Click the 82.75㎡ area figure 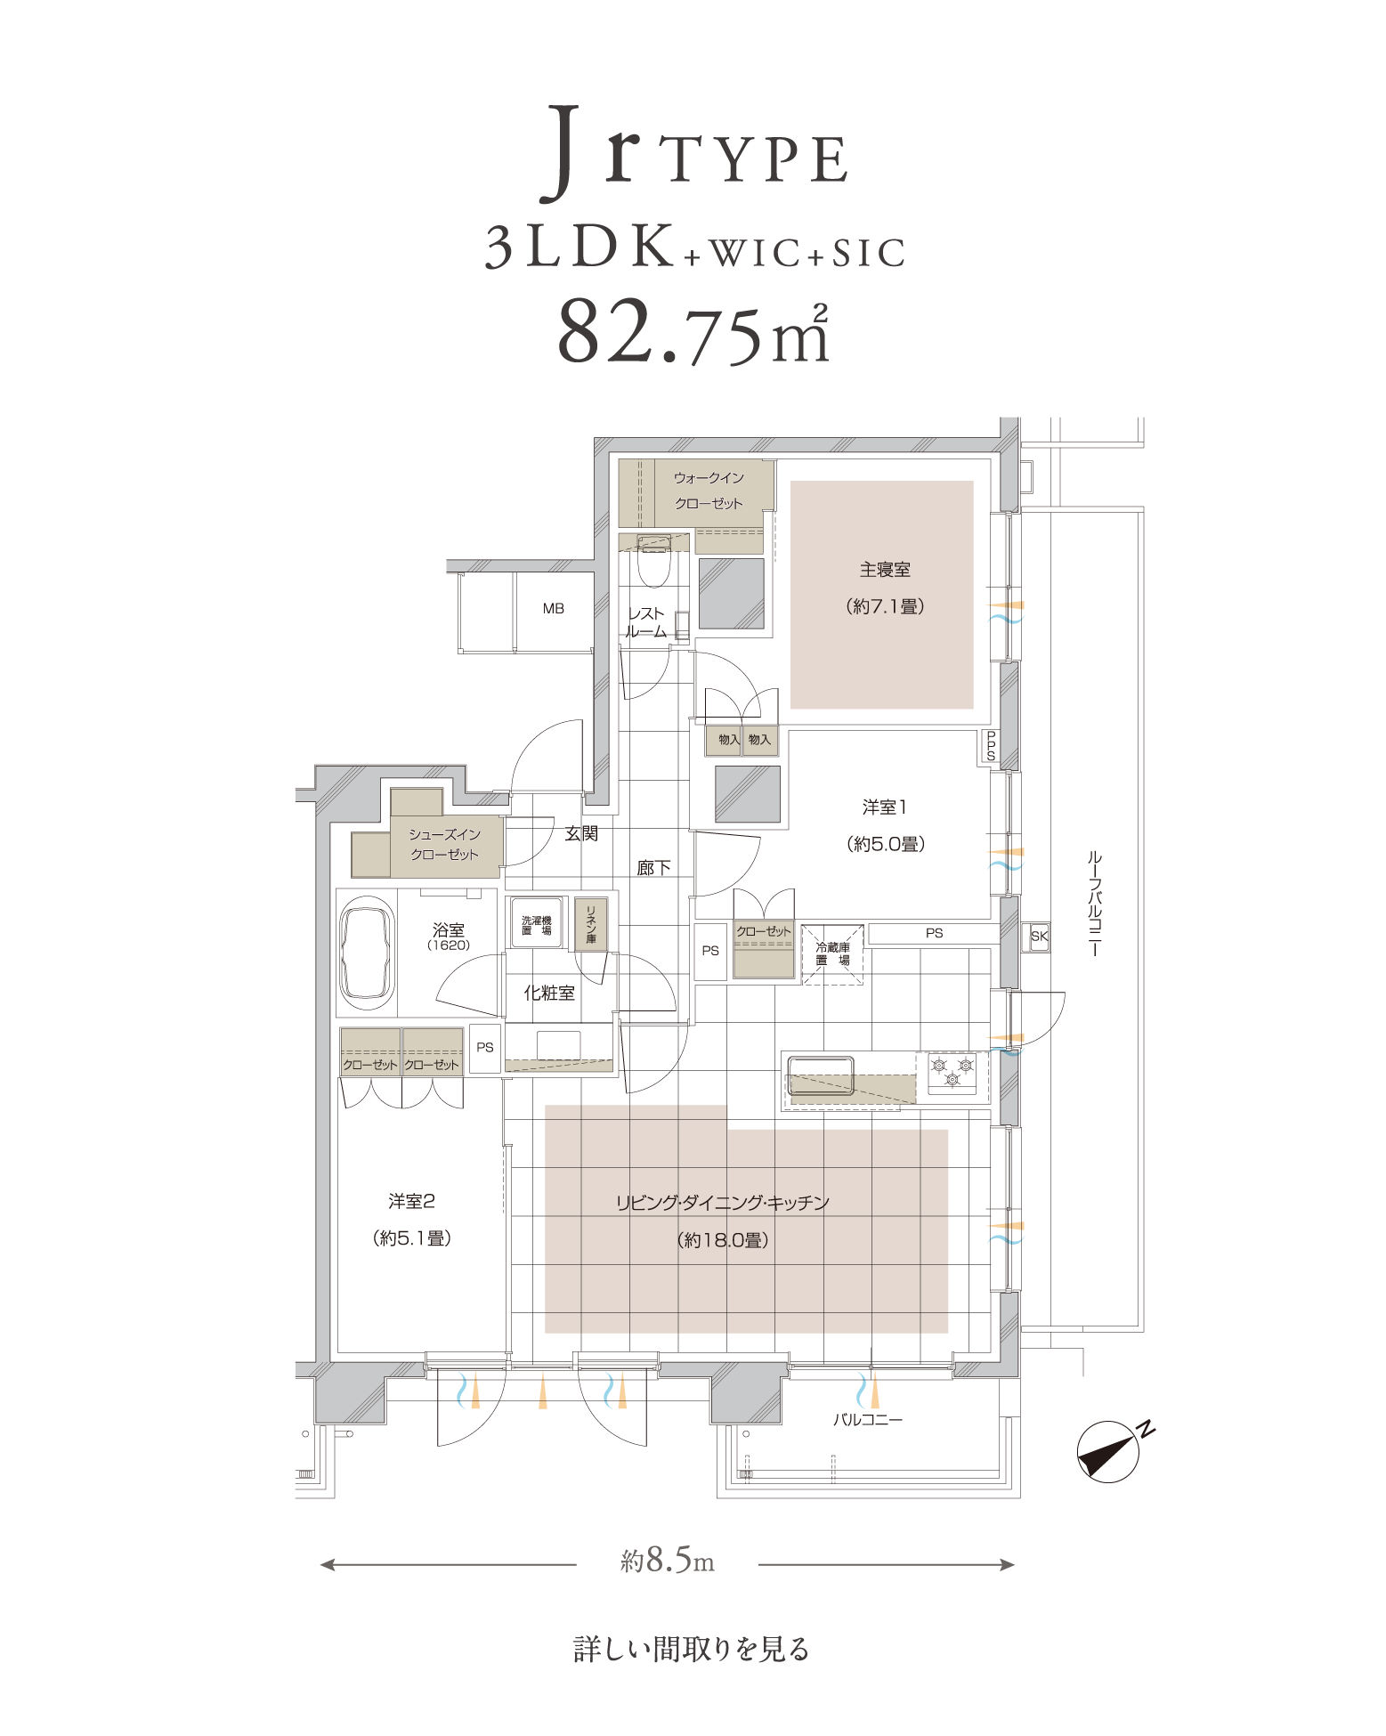pos(693,331)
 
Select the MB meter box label pos(554,609)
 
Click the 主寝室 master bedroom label pos(885,570)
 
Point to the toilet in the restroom pos(654,561)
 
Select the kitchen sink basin pos(820,1075)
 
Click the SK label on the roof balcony pos(1039,936)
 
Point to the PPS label pos(991,746)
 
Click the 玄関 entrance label pos(581,833)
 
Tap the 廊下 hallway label pos(653,868)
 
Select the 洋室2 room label pos(411,1201)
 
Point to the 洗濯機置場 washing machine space pos(536,924)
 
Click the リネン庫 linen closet pos(590,923)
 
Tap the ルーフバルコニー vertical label pos(1094,903)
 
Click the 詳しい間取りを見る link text pos(692,1650)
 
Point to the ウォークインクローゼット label pos(709,491)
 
